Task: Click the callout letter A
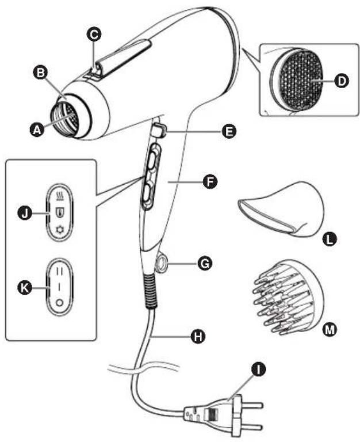39,130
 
